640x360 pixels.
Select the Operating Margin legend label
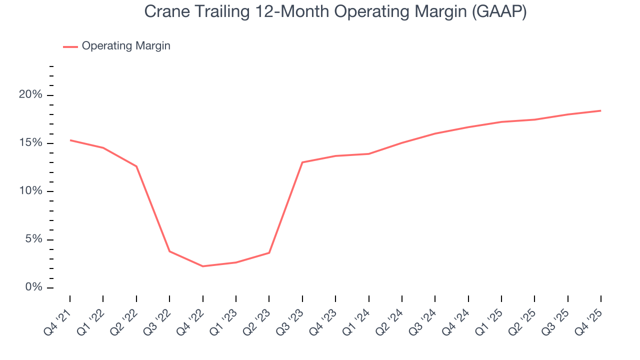(x=126, y=46)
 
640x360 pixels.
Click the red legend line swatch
(x=70, y=46)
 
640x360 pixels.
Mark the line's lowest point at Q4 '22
(x=202, y=266)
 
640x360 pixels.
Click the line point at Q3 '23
(x=302, y=162)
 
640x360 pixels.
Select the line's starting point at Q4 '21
(x=70, y=140)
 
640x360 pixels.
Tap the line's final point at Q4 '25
(x=600, y=110)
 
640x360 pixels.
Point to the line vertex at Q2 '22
(x=136, y=166)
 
